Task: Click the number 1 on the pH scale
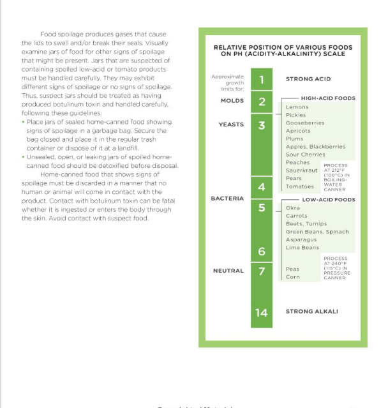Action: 262,80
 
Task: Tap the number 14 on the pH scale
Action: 262,312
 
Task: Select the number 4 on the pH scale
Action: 262,187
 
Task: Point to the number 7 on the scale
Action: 262,271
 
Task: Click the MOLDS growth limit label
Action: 232,101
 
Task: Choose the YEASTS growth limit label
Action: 231,125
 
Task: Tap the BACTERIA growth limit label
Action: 227,199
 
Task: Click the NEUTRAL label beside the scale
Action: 228,271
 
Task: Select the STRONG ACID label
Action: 308,79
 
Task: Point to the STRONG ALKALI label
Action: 312,312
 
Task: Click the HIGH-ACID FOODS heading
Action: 328,99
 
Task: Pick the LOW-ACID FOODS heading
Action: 328,200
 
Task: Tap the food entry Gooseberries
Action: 304,123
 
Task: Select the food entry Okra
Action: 292,208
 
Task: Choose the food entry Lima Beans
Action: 302,248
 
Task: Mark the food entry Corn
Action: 292,277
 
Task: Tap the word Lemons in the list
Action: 297,107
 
